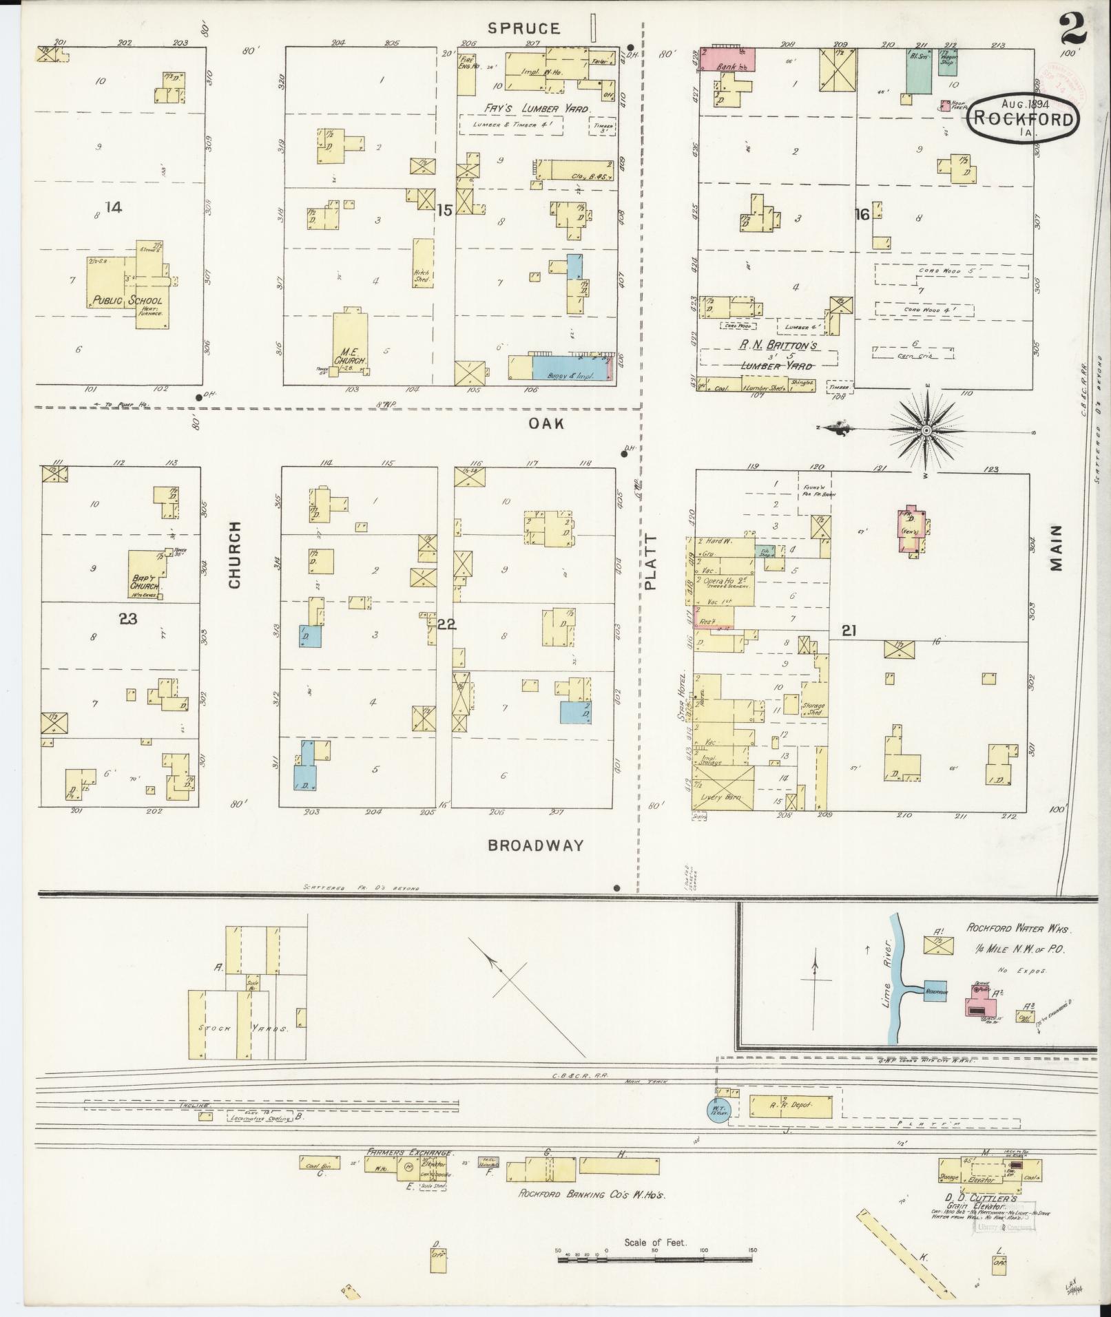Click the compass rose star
(926, 430)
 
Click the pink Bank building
(728, 59)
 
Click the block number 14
(114, 206)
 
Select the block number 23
(127, 618)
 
